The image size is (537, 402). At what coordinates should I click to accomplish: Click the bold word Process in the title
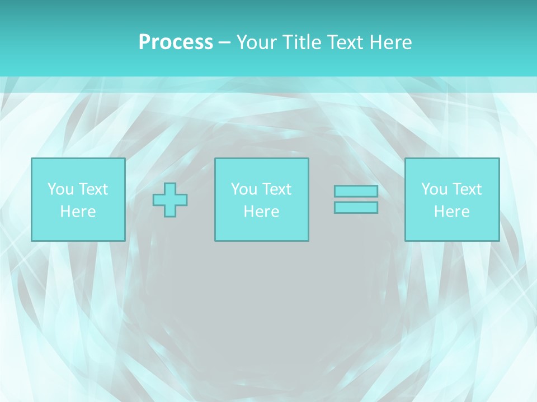click(x=176, y=42)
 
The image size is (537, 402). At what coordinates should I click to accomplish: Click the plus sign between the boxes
click(x=170, y=200)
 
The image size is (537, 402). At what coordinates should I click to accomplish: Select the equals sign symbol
click(x=356, y=199)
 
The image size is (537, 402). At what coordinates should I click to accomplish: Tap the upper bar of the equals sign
click(x=356, y=192)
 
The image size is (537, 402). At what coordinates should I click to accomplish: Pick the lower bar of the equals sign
click(x=356, y=207)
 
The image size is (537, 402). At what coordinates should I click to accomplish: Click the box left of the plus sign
click(x=78, y=199)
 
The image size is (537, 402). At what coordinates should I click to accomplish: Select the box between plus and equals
click(x=261, y=199)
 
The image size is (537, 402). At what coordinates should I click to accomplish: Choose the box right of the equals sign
click(x=451, y=199)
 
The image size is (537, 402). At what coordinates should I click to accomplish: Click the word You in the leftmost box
click(x=60, y=189)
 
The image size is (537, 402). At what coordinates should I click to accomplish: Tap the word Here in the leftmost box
click(x=78, y=212)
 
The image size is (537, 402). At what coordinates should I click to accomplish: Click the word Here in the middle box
click(x=261, y=212)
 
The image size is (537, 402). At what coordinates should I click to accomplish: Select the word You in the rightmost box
click(x=434, y=189)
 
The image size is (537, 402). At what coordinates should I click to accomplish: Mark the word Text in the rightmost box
click(x=467, y=189)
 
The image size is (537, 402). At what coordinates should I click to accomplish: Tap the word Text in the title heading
click(x=345, y=42)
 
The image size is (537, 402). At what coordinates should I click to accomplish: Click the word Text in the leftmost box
click(x=93, y=189)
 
